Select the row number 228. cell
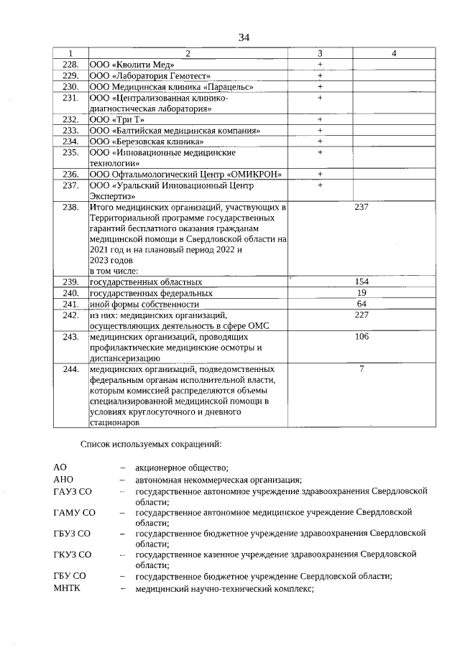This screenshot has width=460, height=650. click(70, 64)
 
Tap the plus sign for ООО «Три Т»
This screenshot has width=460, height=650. click(320, 119)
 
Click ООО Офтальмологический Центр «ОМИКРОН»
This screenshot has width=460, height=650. click(185, 175)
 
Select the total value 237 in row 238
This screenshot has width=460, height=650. click(362, 208)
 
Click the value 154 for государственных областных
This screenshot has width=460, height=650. click(362, 282)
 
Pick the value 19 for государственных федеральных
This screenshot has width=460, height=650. click(362, 293)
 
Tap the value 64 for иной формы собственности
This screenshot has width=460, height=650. click(362, 304)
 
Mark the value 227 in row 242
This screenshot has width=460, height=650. click(362, 315)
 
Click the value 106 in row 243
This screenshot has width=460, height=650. click(362, 336)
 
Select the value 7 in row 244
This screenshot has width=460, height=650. click(362, 369)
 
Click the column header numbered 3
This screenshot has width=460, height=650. click(320, 53)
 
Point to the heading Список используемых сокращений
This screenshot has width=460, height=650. click(151, 445)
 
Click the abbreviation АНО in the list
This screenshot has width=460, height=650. click(64, 480)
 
